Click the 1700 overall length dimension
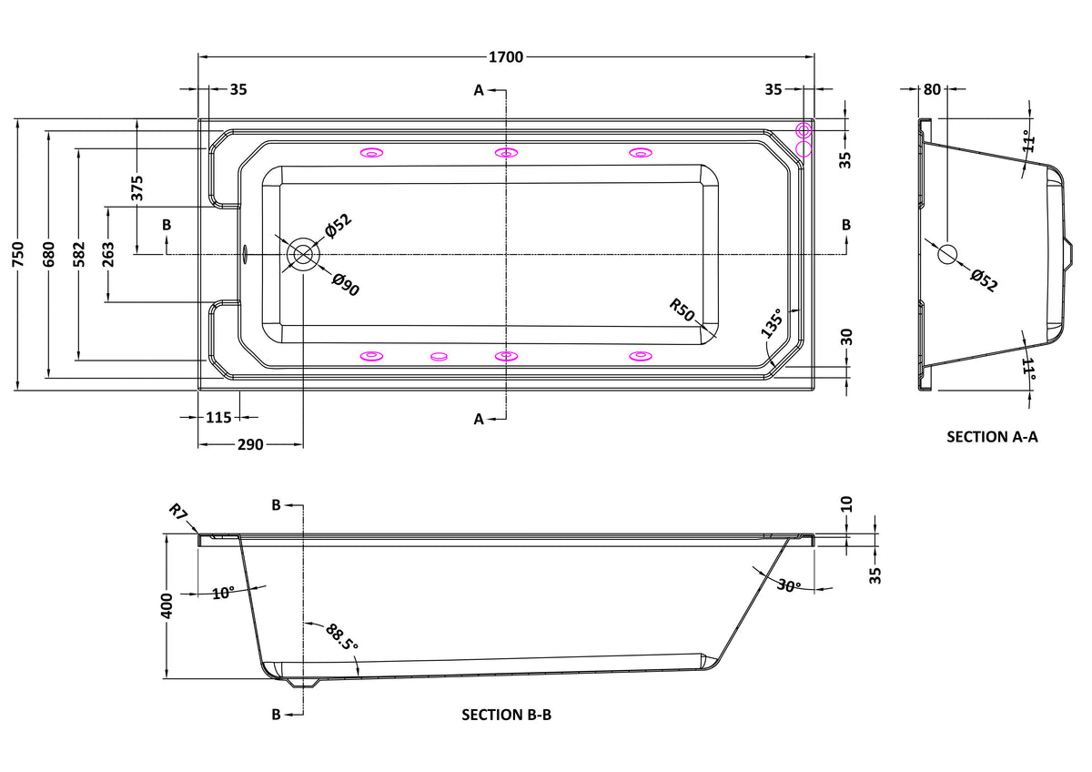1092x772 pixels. (x=506, y=57)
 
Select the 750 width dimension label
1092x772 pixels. (x=17, y=254)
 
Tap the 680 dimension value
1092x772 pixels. (x=49, y=254)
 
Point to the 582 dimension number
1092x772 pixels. (x=79, y=254)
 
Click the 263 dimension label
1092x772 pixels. (x=108, y=254)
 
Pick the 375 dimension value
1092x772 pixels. (x=138, y=188)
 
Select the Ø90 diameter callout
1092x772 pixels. (x=346, y=285)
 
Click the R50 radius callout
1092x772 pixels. (x=682, y=310)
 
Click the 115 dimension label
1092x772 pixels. (x=218, y=418)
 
